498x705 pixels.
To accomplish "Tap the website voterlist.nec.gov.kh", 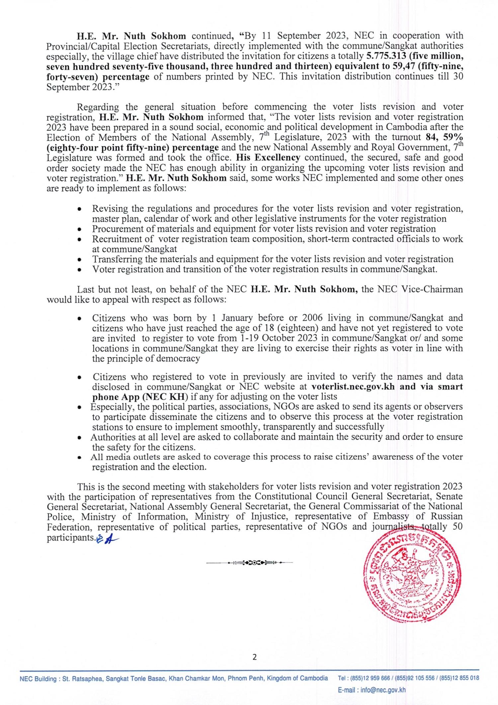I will click(353, 387).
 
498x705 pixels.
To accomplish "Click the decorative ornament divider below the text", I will click(249, 563).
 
